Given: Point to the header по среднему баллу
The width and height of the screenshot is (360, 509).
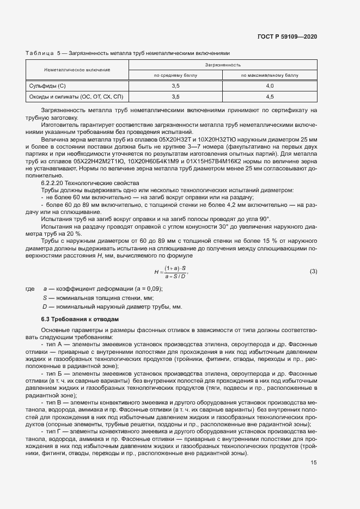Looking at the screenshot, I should pyautogui.click(x=175, y=76).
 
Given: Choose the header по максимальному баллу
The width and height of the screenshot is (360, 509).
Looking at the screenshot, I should pyautogui.click(x=270, y=76).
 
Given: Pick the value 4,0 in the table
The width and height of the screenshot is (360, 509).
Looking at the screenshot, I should pyautogui.click(x=270, y=86).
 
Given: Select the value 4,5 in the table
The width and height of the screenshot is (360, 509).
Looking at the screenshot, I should pyautogui.click(x=270, y=96).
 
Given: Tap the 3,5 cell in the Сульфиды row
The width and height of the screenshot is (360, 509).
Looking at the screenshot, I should pyautogui.click(x=175, y=86).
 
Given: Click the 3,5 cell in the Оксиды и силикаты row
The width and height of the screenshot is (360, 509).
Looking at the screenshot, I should pyautogui.click(x=175, y=96).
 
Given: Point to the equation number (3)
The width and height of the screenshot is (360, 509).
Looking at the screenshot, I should pyautogui.click(x=313, y=271).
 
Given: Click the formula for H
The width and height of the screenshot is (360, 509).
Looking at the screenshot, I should pyautogui.click(x=171, y=272).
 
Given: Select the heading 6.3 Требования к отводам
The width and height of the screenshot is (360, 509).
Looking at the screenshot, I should pyautogui.click(x=76, y=318).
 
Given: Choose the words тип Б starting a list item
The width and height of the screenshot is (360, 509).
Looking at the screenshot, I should pyautogui.click(x=54, y=374).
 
